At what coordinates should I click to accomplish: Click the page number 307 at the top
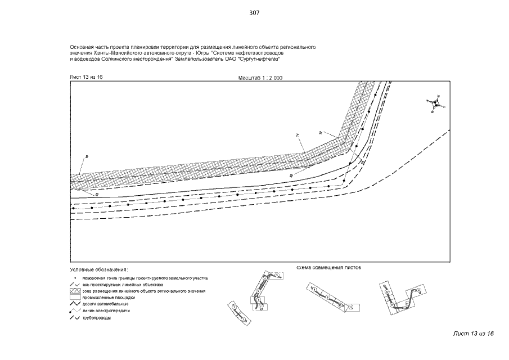point(254,13)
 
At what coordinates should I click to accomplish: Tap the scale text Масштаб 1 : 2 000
point(256,78)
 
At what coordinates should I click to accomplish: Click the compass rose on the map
point(435,104)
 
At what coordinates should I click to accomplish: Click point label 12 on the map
point(319,132)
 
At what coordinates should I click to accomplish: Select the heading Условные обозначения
point(99,270)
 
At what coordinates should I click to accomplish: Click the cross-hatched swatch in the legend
point(75,291)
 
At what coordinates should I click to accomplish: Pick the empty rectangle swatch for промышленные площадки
point(75,298)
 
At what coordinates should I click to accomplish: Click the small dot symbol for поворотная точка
point(75,278)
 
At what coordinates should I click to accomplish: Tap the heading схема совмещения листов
point(328,267)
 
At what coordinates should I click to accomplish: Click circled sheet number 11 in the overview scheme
point(349,307)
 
